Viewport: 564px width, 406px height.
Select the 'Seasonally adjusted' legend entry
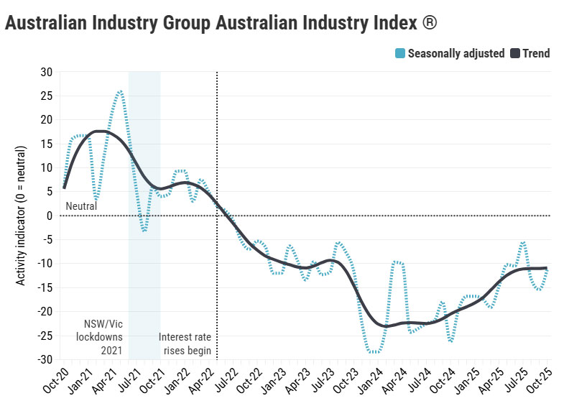456,53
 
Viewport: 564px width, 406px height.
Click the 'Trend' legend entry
535,53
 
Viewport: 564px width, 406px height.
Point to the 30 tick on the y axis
47,72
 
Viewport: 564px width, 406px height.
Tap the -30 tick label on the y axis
45,359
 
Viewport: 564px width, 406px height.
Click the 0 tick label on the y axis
50,216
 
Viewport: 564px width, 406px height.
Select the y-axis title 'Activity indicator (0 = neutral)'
21,216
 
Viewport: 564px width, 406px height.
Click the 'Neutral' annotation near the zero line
81,207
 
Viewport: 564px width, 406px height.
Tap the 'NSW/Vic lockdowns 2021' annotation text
101,336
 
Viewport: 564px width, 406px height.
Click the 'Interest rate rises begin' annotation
185,343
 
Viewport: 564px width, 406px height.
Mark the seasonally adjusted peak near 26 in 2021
119,91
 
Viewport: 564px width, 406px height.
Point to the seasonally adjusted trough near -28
374,352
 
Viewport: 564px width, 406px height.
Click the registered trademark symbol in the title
428,22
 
